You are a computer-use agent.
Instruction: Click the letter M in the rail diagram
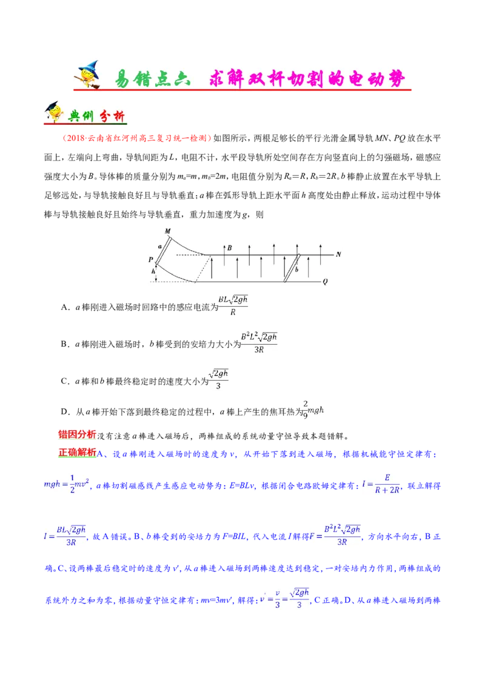(x=168, y=230)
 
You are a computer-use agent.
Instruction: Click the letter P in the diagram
(x=150, y=259)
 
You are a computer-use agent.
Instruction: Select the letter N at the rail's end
(x=338, y=254)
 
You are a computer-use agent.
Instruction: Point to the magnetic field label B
(x=229, y=247)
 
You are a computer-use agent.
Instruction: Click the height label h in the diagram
(x=154, y=272)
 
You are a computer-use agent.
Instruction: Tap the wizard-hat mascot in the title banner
(x=88, y=76)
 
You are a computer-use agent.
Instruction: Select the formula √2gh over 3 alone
(x=218, y=378)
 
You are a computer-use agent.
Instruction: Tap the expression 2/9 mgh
(x=313, y=409)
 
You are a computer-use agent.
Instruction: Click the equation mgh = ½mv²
(x=66, y=484)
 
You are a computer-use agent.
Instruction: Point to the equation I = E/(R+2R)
(x=381, y=484)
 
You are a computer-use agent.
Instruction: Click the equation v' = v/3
(x=284, y=598)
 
